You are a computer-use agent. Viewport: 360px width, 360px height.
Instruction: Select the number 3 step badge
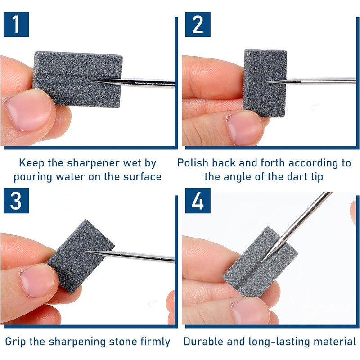(x=16, y=201)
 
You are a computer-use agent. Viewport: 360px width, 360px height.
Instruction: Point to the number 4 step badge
(x=198, y=201)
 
